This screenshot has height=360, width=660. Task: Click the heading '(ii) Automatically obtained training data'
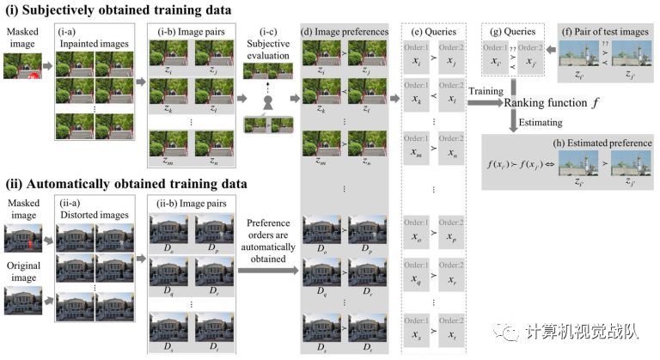click(x=126, y=184)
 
